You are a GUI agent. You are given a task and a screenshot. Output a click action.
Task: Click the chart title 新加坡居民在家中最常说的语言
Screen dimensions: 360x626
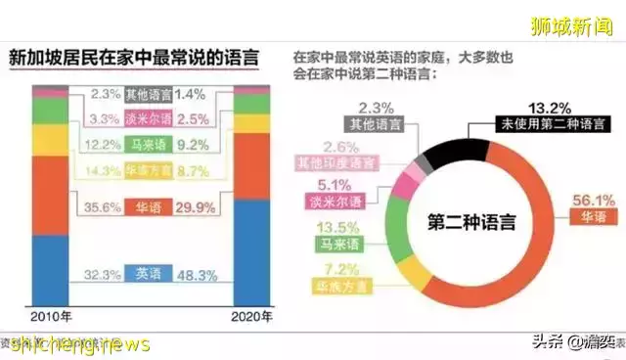point(134,58)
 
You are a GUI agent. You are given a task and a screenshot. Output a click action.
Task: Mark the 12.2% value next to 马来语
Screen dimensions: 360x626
point(100,145)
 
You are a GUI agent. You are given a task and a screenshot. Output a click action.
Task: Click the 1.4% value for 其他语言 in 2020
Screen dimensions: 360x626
point(192,95)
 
